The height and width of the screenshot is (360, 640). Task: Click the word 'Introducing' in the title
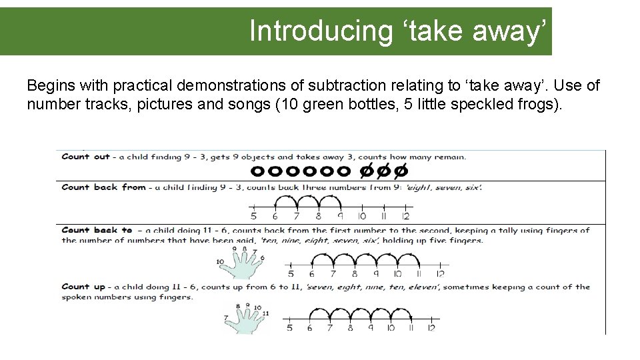[x=321, y=31]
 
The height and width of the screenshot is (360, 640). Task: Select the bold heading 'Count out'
[x=86, y=157]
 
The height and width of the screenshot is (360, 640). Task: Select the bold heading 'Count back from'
[x=104, y=187]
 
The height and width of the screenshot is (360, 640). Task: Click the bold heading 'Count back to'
[x=97, y=230]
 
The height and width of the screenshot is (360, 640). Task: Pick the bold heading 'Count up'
[x=83, y=287]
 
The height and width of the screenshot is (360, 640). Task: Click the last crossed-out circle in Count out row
[x=401, y=171]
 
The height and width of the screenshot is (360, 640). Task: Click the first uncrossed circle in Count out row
[x=257, y=171]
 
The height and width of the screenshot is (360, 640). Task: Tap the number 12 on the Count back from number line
[x=405, y=216]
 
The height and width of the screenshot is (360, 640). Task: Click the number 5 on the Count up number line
[x=289, y=328]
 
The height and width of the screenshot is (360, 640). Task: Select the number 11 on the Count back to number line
[x=419, y=274]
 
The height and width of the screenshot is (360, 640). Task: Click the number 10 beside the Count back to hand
[x=220, y=261]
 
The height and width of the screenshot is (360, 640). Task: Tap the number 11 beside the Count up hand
[x=266, y=313]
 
